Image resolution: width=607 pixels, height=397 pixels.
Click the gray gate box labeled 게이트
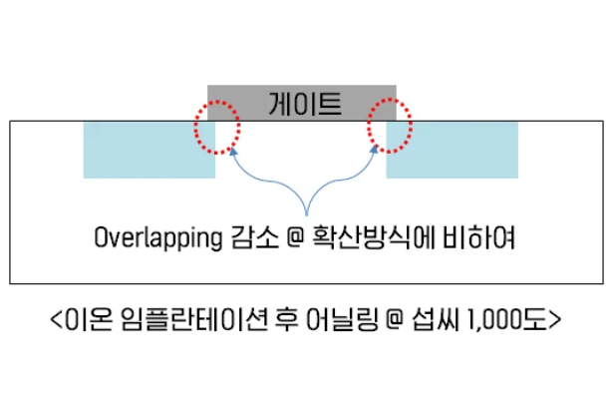click(x=302, y=102)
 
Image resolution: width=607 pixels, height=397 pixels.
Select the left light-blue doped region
click(x=149, y=151)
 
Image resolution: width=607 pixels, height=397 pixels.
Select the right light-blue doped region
click(x=453, y=151)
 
